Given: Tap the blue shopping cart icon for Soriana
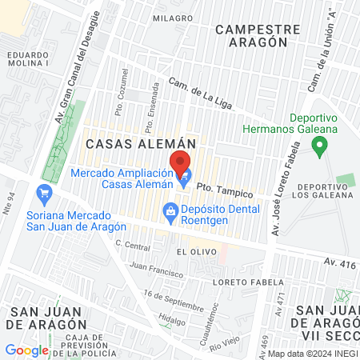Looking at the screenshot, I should point(44,193).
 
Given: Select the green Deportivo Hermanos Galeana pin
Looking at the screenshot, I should point(320,147).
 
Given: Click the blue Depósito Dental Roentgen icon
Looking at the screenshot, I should point(170,211).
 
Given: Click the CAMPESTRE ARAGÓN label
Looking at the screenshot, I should point(258,36).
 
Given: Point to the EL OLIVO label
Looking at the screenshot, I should point(193,251).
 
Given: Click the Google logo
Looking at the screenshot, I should point(26,350).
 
